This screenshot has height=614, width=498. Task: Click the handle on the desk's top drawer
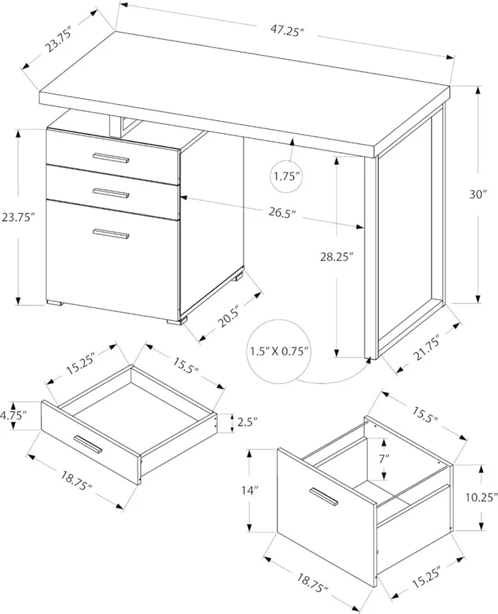click(111, 158)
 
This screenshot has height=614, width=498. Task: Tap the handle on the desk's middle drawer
click(111, 193)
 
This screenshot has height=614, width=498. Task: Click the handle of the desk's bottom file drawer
click(111, 234)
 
